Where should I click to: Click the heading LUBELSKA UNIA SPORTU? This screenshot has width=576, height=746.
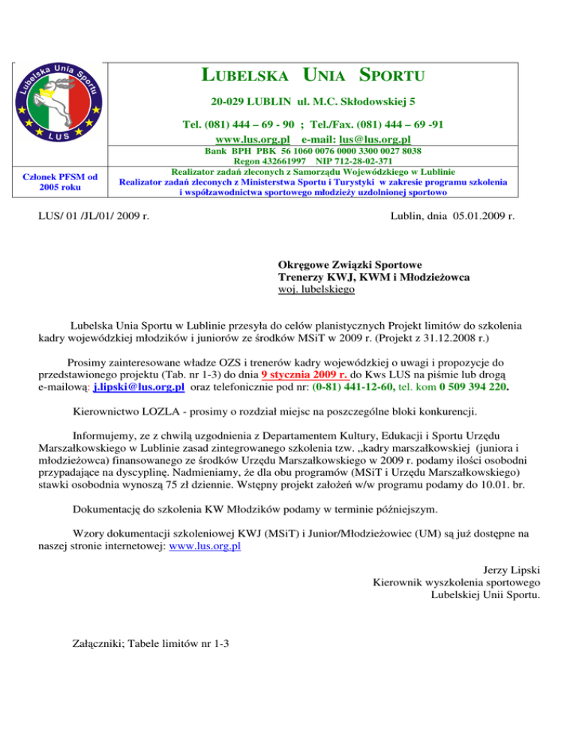(x=314, y=75)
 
